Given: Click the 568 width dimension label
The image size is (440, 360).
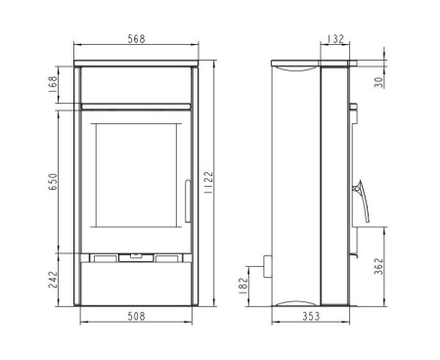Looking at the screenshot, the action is click(x=136, y=39).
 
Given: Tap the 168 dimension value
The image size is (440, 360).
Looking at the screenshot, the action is click(x=53, y=84).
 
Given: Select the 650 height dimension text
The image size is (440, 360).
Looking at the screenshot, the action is click(x=53, y=182).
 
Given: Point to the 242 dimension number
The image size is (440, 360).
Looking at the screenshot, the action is click(x=53, y=280).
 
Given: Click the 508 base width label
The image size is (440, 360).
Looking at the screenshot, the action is click(x=136, y=316).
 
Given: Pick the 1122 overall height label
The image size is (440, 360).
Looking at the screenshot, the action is click(x=208, y=182).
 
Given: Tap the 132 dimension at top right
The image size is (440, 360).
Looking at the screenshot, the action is click(x=334, y=39).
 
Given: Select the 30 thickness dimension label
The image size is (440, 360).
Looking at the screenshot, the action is click(x=378, y=82).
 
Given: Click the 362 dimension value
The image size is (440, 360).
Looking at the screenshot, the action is click(x=378, y=266).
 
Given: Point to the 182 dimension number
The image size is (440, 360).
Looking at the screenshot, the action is click(x=243, y=287).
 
